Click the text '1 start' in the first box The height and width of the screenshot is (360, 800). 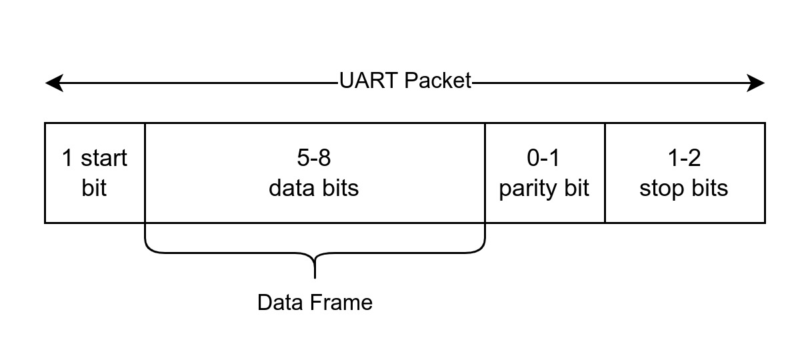[94, 159]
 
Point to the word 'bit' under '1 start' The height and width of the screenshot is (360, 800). [94, 188]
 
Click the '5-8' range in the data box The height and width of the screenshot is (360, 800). [314, 159]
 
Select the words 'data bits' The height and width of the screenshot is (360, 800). [314, 188]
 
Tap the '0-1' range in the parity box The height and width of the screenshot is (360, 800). [544, 159]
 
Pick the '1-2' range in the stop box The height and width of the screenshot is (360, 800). [684, 159]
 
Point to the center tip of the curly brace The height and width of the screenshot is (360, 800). [315, 275]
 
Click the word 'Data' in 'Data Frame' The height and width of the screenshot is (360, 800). [277, 303]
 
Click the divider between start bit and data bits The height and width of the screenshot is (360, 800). [145, 173]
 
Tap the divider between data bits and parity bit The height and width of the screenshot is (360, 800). [485, 173]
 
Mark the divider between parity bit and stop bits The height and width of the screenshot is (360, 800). [605, 173]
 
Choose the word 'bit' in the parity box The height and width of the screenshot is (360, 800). [577, 188]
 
